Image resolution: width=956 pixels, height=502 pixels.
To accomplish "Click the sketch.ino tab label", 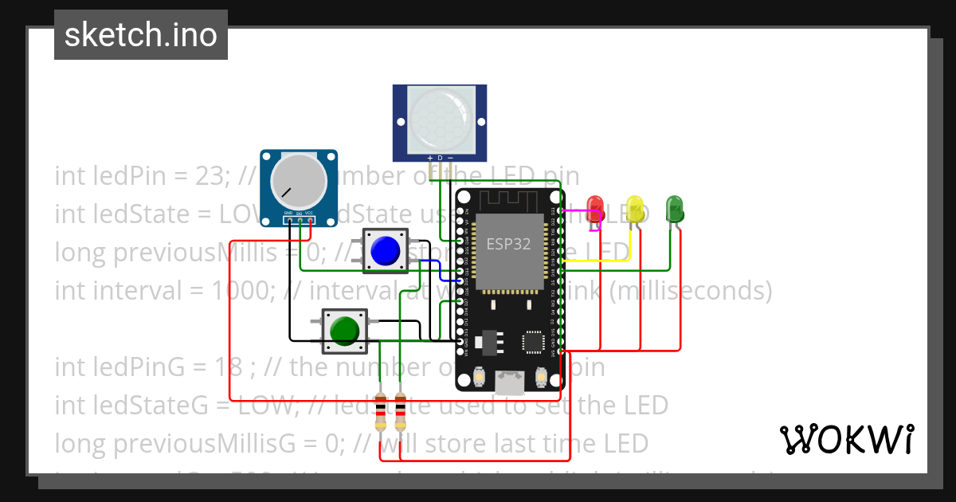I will click(x=140, y=35).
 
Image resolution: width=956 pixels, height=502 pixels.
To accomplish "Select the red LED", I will click(x=594, y=209).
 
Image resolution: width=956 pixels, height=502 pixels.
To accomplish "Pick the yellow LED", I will click(x=635, y=209).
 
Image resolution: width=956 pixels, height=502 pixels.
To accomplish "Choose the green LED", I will click(x=674, y=209).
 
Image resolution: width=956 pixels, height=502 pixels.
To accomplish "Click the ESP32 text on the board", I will click(x=508, y=244).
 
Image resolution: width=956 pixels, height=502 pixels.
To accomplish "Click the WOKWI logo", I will click(x=846, y=439).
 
